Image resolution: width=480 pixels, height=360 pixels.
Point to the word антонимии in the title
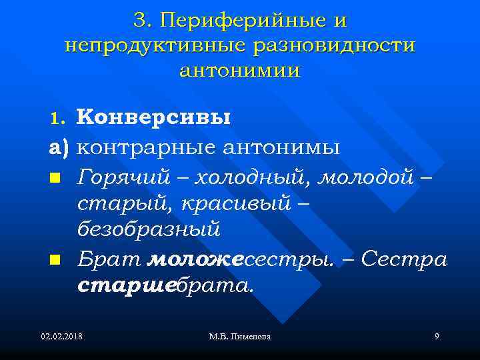tap(240, 70)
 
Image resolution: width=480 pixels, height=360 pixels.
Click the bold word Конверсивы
tap(154, 117)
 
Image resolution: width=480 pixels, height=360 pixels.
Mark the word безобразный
tap(149, 230)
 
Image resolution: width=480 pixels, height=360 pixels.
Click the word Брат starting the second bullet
tap(109, 259)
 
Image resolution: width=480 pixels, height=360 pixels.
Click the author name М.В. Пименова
tap(241, 337)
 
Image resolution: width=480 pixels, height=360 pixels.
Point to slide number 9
tap(436, 337)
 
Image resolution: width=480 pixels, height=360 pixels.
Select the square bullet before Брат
tap(55, 259)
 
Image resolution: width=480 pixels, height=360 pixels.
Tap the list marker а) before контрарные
tap(59, 147)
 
